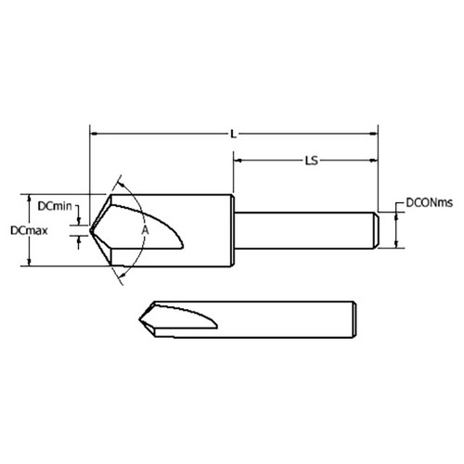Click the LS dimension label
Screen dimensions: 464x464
(312, 161)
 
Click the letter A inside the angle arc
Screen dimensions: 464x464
(144, 227)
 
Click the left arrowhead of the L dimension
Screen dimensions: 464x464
(94, 135)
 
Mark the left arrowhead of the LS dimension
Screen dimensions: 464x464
(238, 161)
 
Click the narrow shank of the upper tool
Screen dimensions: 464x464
(306, 229)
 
